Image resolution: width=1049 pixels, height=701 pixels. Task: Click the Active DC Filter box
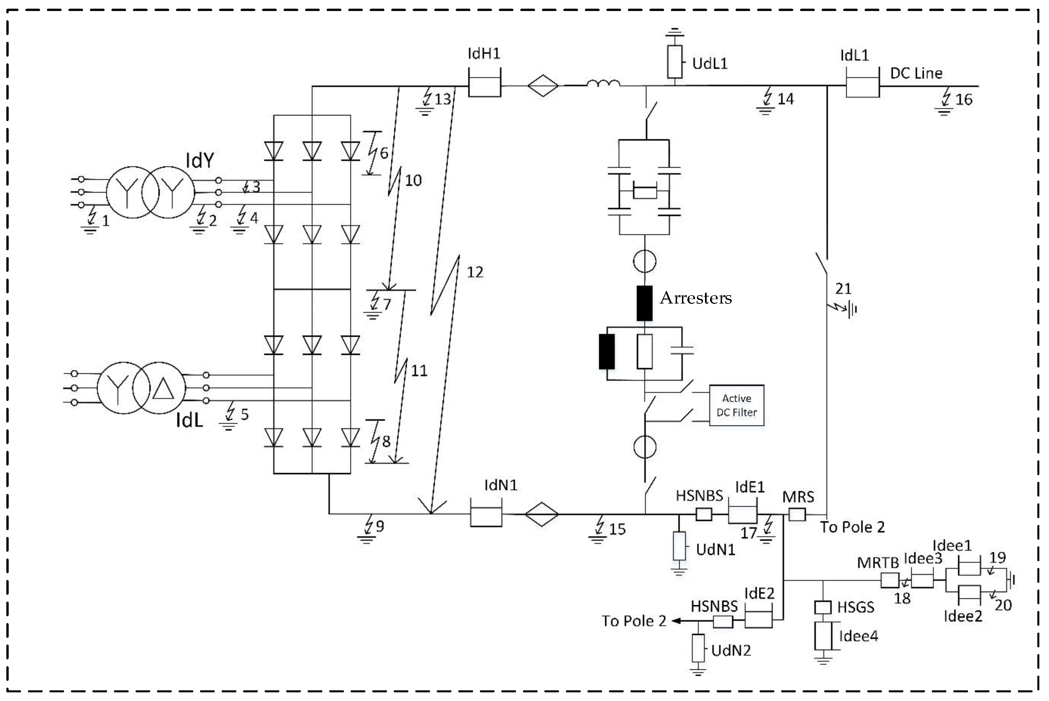pos(736,405)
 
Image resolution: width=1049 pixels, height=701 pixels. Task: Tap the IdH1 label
pos(483,54)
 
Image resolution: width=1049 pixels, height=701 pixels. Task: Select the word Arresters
pos(696,298)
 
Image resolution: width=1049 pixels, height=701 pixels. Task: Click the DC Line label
pos(916,73)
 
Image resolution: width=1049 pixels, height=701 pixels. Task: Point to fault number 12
pos(475,272)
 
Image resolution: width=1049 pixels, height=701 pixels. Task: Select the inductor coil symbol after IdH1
pos(603,83)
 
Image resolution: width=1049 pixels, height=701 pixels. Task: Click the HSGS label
pos(855,607)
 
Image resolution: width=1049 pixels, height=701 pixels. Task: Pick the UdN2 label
pos(731,650)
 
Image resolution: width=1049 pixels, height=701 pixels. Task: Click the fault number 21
pos(843,289)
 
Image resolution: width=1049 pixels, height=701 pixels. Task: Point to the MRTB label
pos(877,563)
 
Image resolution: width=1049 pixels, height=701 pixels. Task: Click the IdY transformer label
pos(200,160)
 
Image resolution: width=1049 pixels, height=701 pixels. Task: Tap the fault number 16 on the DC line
pos(964,99)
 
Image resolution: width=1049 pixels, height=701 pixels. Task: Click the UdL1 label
pos(710,64)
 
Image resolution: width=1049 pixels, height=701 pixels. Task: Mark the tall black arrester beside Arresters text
pos(644,303)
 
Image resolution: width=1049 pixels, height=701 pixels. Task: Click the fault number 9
pos(380,526)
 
